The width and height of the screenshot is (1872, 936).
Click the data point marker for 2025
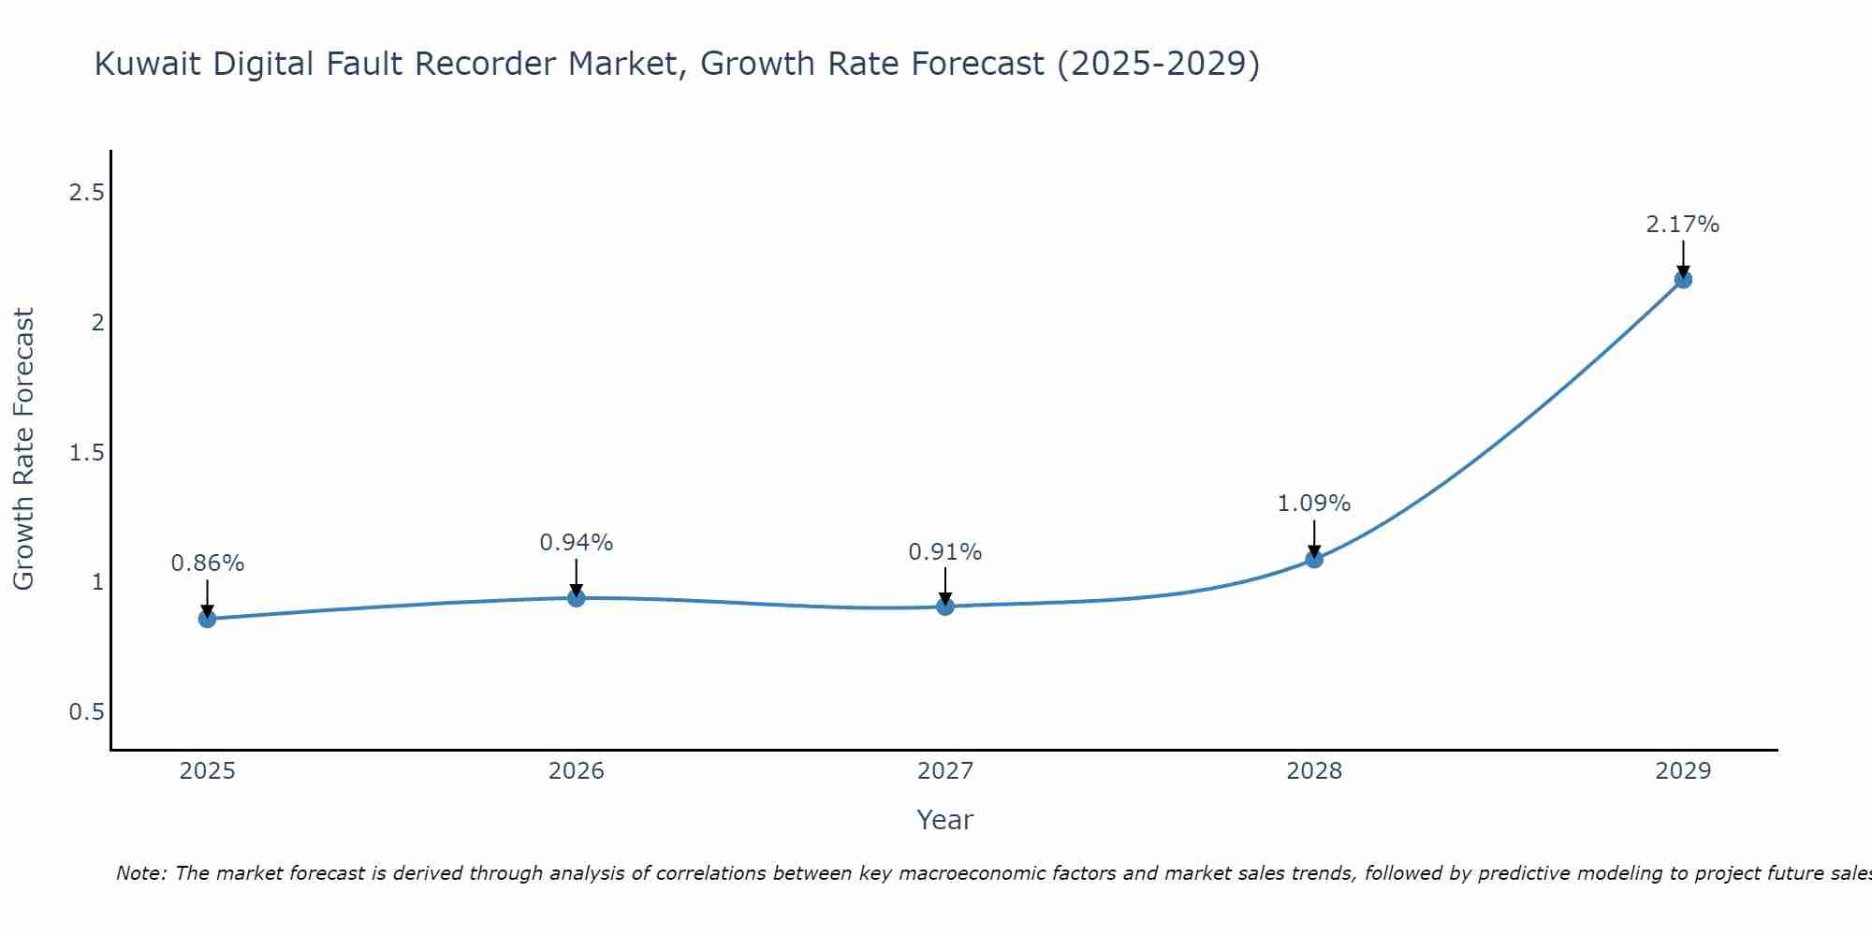point(208,619)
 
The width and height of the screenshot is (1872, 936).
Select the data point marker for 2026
point(577,598)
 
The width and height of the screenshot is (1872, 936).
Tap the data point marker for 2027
point(945,607)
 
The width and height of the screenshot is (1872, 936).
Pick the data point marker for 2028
point(1314,559)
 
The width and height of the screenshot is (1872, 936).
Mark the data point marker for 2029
point(1683,279)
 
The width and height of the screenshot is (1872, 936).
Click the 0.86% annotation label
point(208,563)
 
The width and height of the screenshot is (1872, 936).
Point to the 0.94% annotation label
point(577,543)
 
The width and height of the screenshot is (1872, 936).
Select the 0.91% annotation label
point(945,552)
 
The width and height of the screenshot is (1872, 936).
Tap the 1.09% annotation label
point(1314,504)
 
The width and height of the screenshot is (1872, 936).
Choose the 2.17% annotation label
point(1683,225)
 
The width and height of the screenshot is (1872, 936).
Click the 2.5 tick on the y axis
point(86,193)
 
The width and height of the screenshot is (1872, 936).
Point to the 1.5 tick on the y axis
point(86,453)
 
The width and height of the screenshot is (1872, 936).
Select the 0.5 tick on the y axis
point(86,712)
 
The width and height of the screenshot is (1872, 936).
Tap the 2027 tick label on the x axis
point(945,771)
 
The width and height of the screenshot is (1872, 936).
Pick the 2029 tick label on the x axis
point(1683,771)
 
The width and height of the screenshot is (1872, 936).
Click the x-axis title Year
point(945,820)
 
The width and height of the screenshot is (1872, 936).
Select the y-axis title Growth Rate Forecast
point(23,449)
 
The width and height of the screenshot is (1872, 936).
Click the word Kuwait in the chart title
point(149,65)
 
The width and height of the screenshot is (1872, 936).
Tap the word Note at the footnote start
point(140,873)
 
